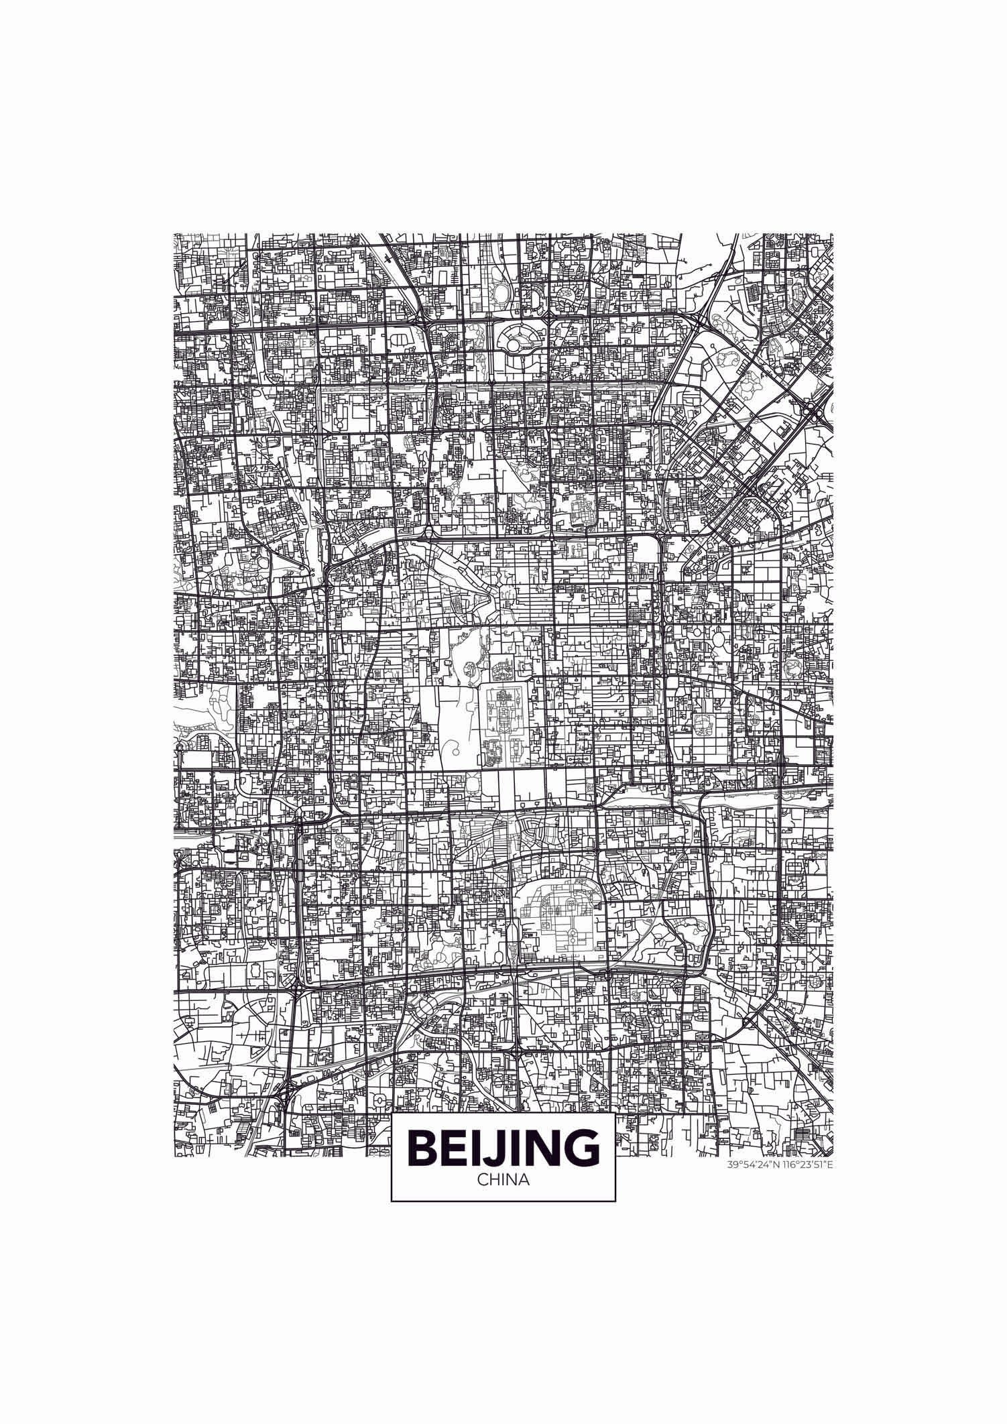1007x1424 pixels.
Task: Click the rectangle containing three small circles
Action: pyautogui.click(x=579, y=758)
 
